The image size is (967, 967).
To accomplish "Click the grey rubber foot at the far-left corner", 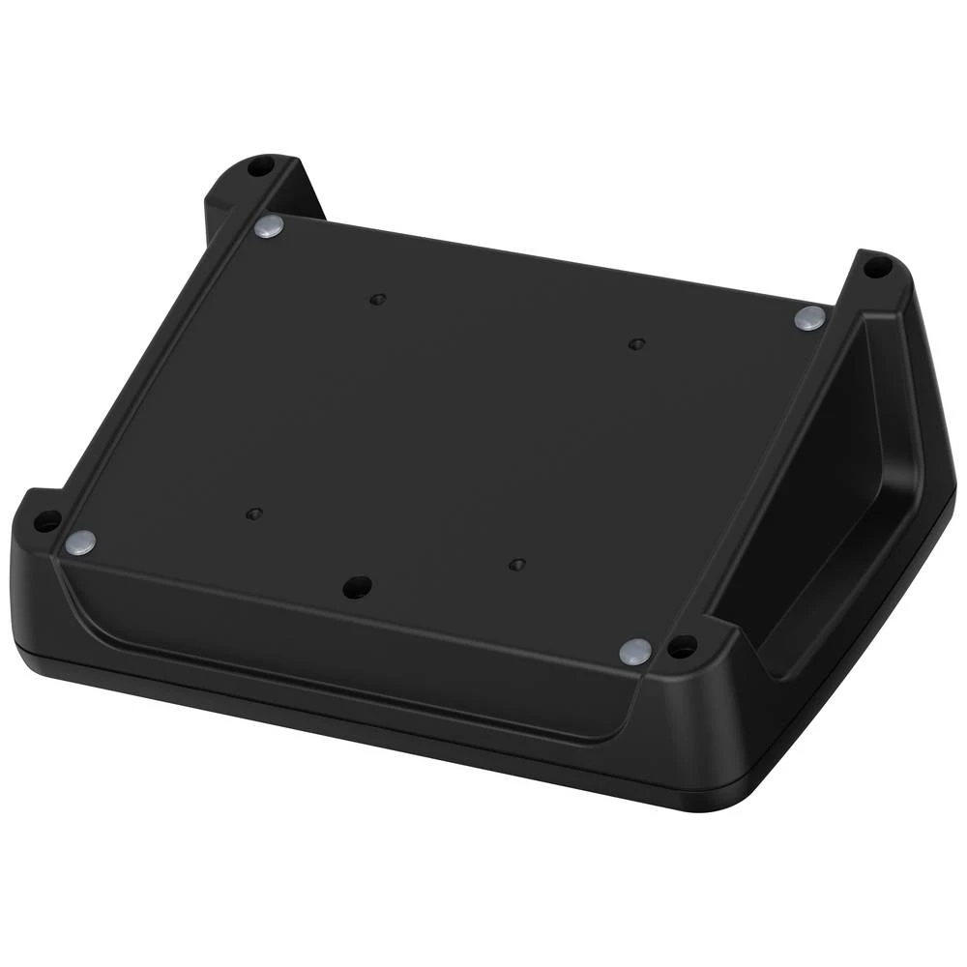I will (x=269, y=228).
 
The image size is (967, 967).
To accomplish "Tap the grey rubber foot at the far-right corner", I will (x=809, y=316).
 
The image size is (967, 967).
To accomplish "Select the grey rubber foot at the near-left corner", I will (x=80, y=542).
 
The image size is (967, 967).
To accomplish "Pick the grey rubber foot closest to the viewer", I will (x=634, y=651).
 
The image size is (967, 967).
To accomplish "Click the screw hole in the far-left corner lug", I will (x=257, y=167).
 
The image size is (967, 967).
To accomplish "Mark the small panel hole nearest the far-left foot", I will (x=378, y=299).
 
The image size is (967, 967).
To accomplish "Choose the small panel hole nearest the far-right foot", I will (x=635, y=343).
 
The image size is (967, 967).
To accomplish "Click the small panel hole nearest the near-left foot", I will (x=254, y=513).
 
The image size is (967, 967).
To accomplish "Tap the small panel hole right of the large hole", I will (x=517, y=564).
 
